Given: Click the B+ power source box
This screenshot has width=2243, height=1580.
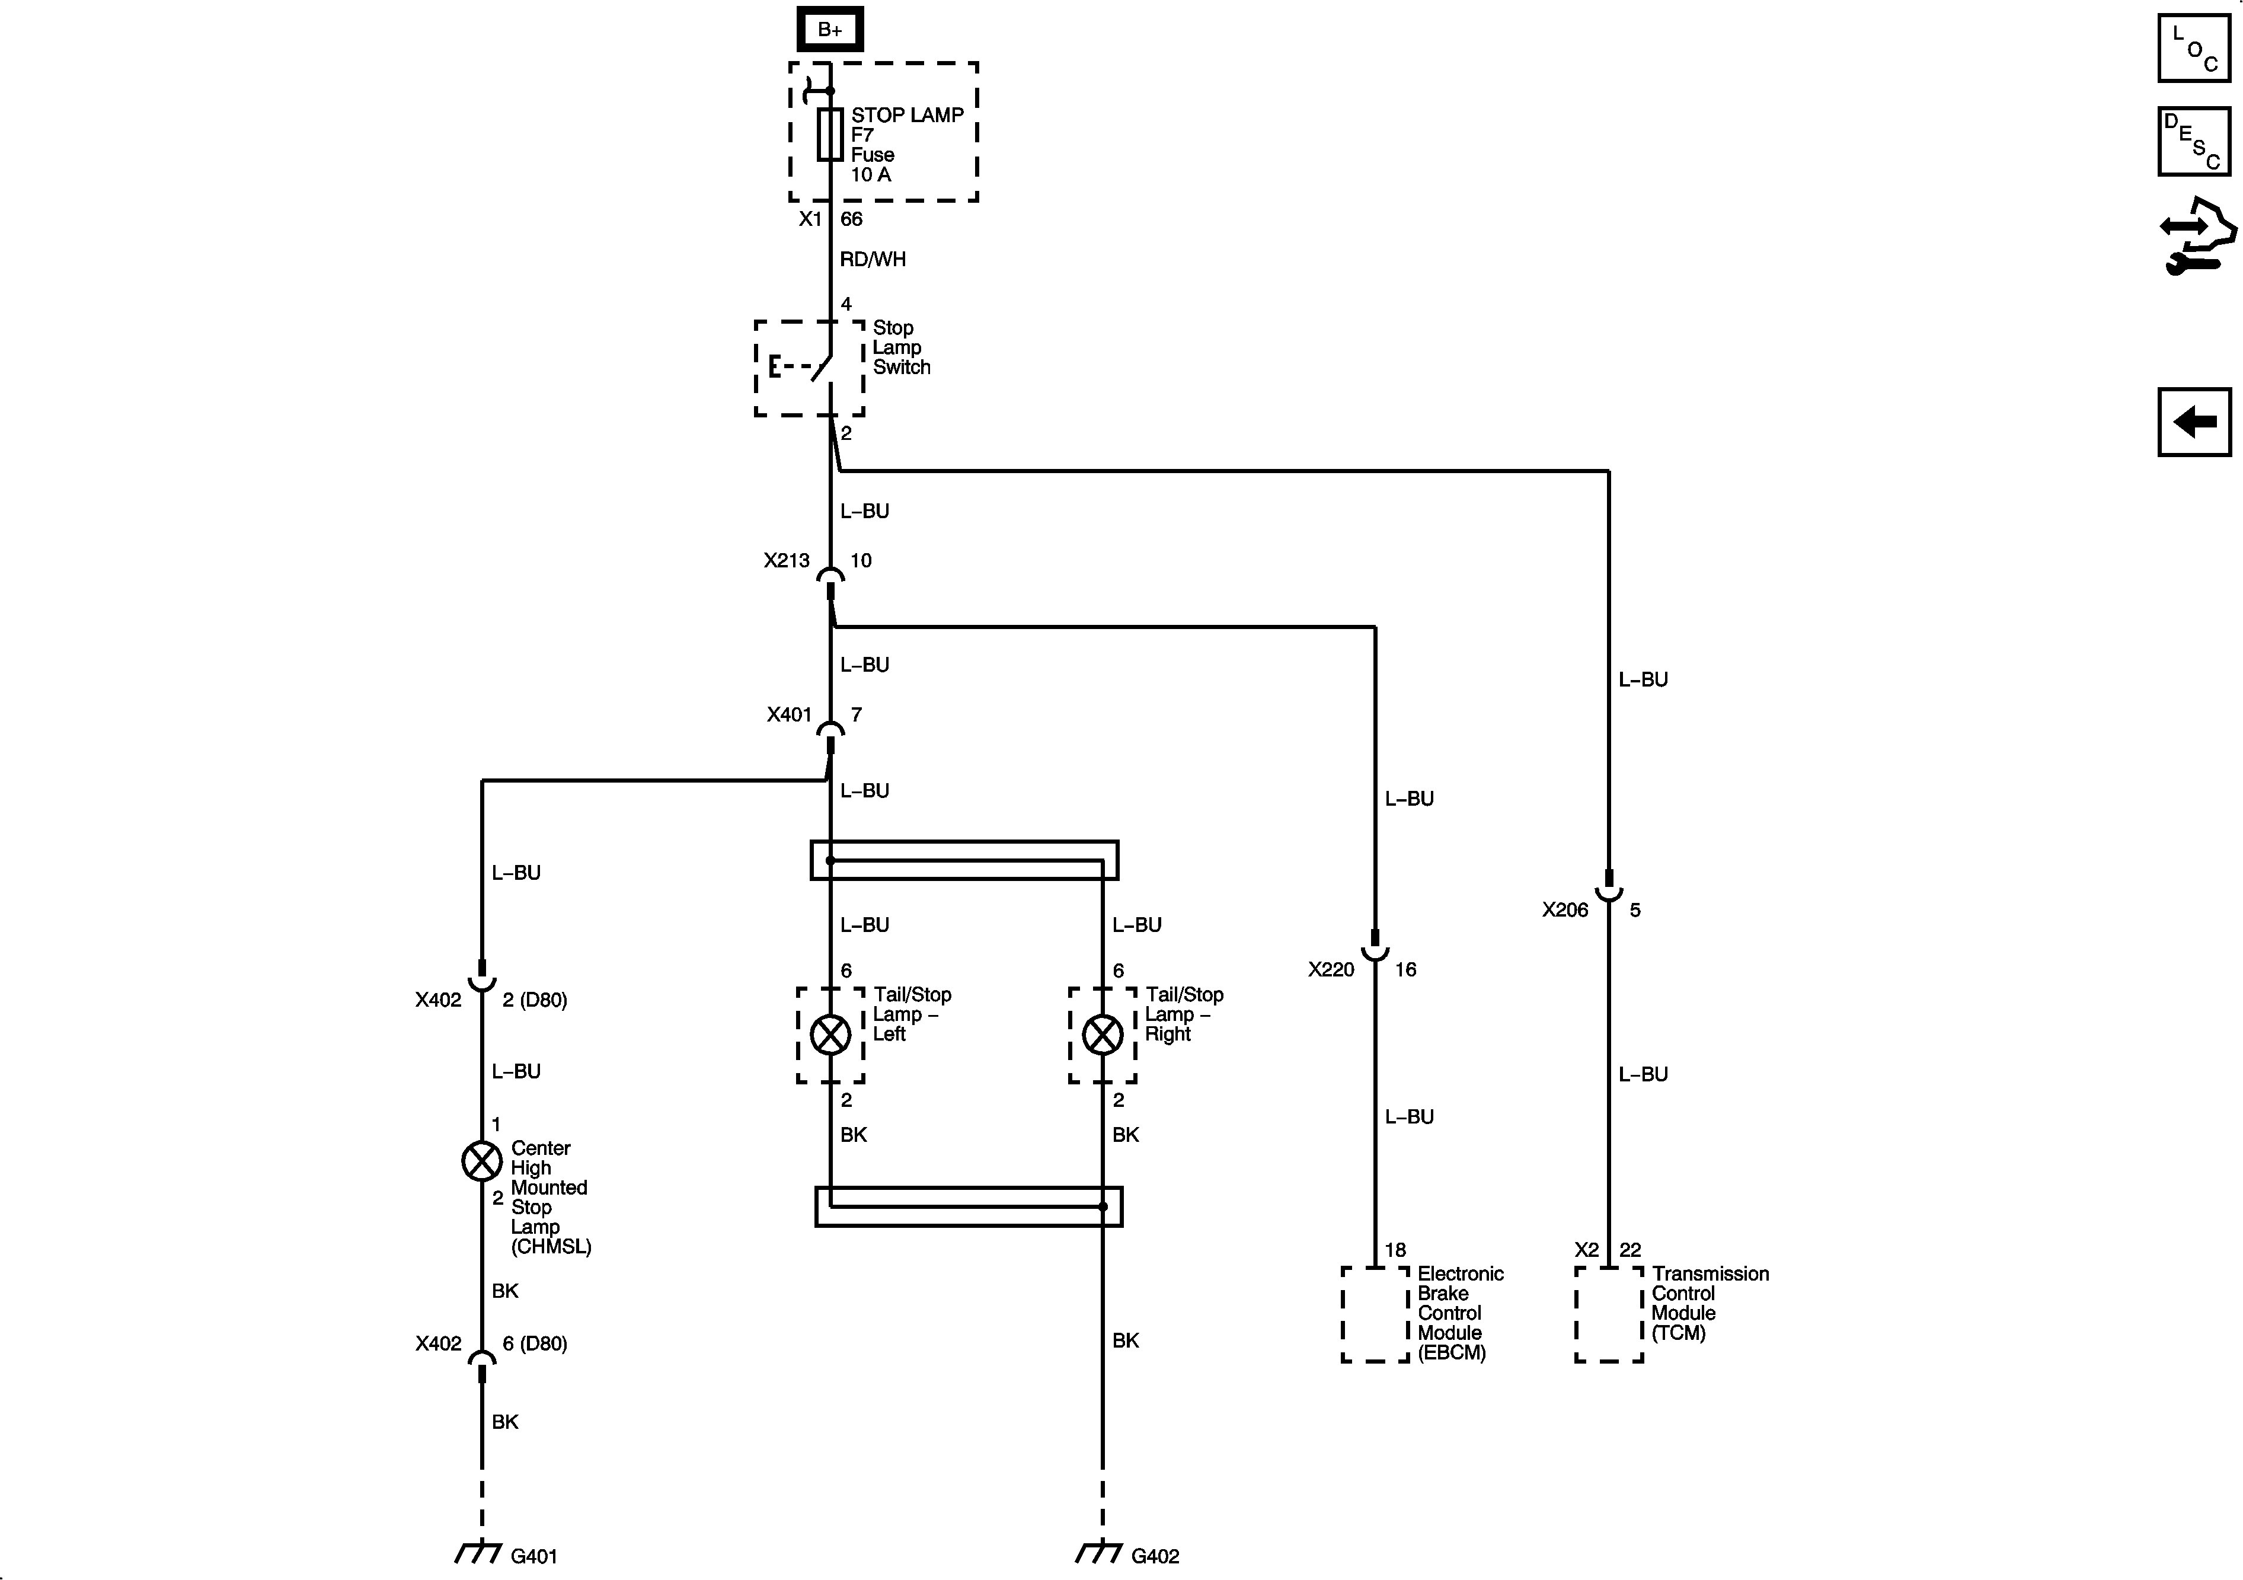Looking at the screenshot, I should coord(829,29).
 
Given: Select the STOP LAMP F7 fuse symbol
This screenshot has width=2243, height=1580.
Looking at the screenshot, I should coord(829,134).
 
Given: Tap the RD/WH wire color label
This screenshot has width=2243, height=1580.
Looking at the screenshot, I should coord(873,259).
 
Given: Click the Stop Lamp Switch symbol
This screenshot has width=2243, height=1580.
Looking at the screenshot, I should coord(810,368).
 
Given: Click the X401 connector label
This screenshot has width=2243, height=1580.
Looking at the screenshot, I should coord(788,714).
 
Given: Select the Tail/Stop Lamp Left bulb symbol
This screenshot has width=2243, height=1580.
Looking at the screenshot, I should coord(830,1035).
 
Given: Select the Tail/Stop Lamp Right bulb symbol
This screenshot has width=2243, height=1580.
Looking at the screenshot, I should coord(1103,1035).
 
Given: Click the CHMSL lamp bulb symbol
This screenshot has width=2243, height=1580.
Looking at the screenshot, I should coord(482,1161).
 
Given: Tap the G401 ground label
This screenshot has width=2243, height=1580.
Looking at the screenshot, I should coord(533,1556).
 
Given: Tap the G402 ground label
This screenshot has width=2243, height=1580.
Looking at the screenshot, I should coord(1155,1556).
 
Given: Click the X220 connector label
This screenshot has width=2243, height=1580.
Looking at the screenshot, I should coord(1331,969).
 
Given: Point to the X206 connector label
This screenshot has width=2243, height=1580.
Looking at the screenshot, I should coord(1565,909).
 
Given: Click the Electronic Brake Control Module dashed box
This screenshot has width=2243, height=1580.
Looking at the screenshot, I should coord(1375,1314).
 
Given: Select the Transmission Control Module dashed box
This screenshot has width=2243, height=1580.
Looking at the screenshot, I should coord(1608,1314).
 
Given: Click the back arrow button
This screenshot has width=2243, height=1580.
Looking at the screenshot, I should coord(2194,422).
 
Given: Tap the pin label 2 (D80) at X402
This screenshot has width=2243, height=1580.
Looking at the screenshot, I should coord(535,1000).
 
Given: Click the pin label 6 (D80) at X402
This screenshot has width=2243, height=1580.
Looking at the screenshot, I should coord(535,1343).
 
